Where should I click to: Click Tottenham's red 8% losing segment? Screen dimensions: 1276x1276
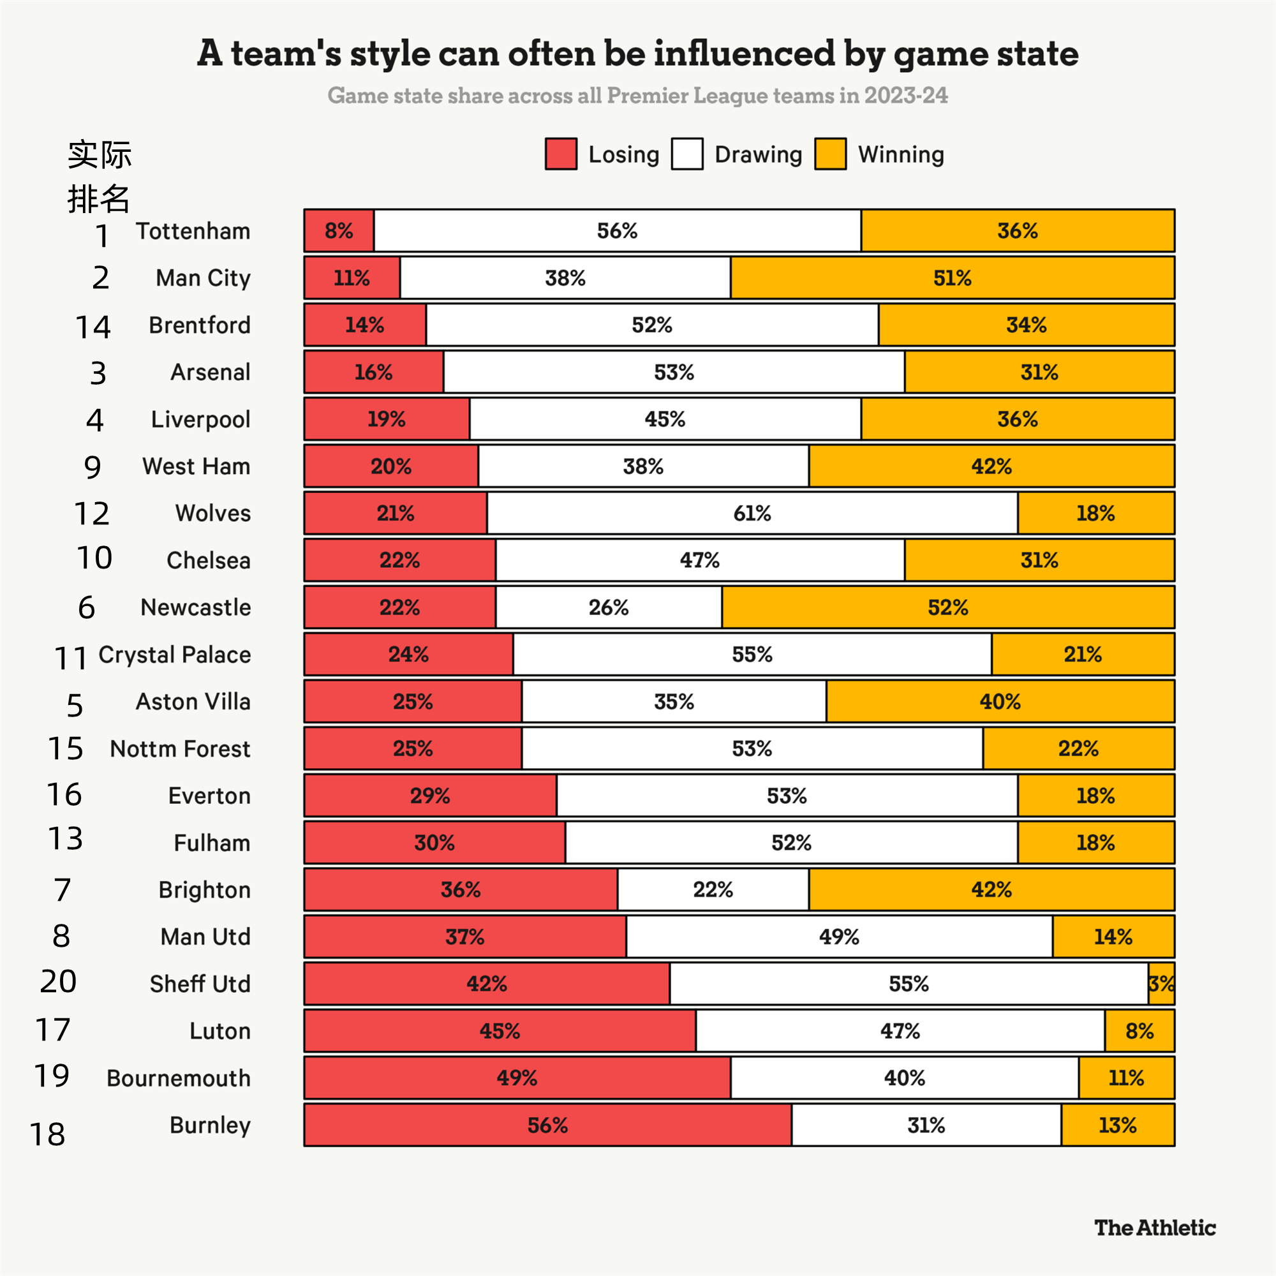[x=339, y=230]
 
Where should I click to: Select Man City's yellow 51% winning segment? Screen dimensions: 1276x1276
[x=952, y=278]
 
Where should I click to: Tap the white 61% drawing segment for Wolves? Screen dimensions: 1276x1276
[x=752, y=513]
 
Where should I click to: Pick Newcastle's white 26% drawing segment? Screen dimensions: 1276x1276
[x=608, y=607]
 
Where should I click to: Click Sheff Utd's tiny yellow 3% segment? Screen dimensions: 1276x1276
[x=1161, y=983]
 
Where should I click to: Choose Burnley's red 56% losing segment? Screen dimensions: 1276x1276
[x=547, y=1125]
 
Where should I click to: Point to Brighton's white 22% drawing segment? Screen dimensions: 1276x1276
[x=713, y=889]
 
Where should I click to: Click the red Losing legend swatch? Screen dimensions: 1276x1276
[x=561, y=154]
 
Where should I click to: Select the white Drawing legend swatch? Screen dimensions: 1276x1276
[x=687, y=154]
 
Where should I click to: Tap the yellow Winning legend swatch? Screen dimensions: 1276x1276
[x=830, y=154]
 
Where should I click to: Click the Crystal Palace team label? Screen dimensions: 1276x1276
[x=174, y=655]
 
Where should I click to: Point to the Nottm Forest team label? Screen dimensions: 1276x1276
[x=180, y=748]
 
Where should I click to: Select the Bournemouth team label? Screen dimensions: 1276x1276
[x=179, y=1078]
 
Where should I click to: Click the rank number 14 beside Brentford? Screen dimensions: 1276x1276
[x=93, y=327]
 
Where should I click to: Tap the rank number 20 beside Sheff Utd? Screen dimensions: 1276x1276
[x=58, y=981]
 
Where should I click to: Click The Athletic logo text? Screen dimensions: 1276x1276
[x=1155, y=1228]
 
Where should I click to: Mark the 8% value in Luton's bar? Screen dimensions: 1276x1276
[x=1139, y=1031]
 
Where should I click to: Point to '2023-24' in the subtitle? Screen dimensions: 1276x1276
[x=905, y=95]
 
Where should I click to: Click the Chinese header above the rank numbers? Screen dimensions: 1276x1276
[x=99, y=175]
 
